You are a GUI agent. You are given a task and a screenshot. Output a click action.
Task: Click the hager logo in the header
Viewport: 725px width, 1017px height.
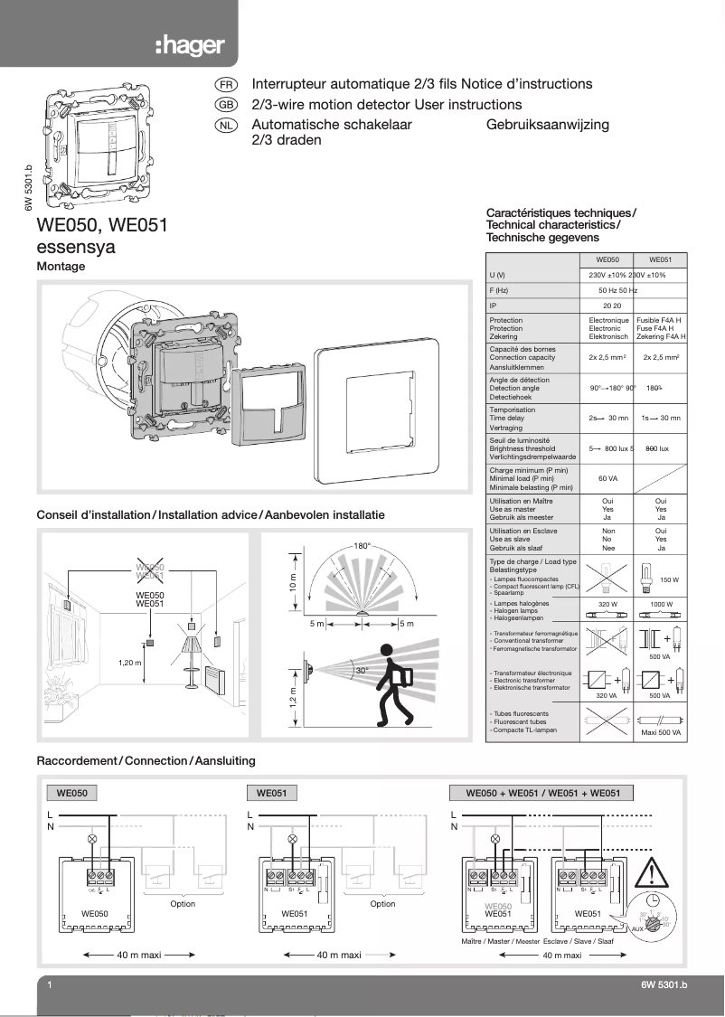tap(189, 46)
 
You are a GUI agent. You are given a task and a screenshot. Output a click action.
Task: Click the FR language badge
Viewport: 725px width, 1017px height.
tap(226, 84)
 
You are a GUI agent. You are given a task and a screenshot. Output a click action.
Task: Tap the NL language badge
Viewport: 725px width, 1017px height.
tap(226, 125)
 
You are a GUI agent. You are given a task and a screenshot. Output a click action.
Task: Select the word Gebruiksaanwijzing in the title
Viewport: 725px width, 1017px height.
tap(547, 125)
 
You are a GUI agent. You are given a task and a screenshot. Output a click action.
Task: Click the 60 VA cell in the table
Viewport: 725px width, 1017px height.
tap(607, 478)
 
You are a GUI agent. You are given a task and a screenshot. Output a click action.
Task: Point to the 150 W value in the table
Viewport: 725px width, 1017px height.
tap(670, 579)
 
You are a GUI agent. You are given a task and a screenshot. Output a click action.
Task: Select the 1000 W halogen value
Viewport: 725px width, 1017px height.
tap(661, 603)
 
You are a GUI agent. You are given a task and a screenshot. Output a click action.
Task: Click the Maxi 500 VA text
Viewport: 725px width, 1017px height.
tap(661, 732)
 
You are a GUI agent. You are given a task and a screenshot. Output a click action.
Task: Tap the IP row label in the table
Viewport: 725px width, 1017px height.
tap(493, 306)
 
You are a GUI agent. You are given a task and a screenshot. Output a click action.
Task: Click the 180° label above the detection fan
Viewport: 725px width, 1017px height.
tap(362, 547)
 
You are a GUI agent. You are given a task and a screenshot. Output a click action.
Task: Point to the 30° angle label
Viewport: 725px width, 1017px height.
tap(361, 671)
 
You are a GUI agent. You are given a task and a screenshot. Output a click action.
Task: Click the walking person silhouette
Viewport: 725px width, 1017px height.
tap(393, 684)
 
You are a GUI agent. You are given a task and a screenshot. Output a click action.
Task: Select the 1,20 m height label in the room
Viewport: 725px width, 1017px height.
tap(131, 663)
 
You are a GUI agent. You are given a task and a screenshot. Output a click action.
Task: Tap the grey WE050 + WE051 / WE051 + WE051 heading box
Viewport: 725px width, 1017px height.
tap(541, 793)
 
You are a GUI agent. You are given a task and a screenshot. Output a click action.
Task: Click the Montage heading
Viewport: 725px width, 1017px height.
tap(61, 267)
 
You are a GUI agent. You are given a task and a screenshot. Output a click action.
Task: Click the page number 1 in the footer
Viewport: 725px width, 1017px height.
tap(48, 985)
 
